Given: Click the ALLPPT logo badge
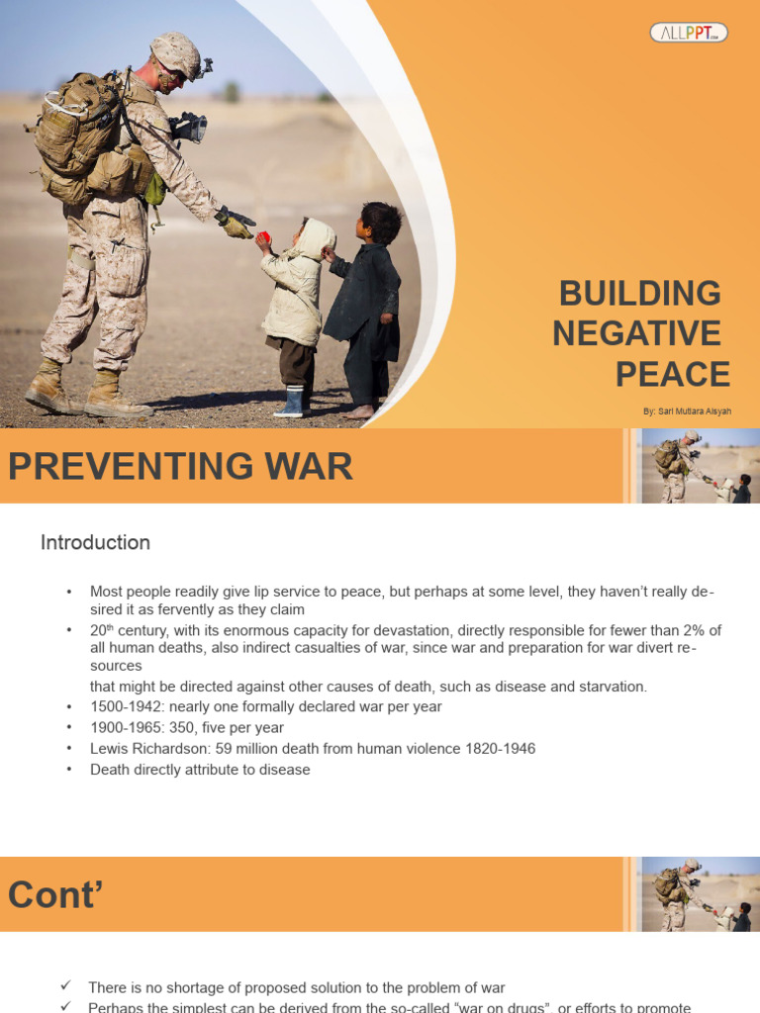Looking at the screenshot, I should point(689,33).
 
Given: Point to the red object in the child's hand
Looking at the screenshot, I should point(264,238).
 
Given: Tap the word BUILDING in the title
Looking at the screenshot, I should point(640,294).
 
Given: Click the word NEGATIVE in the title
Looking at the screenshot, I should point(636,334).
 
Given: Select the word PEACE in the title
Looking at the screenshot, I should point(672,375).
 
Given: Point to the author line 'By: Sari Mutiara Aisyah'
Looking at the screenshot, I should point(686,411).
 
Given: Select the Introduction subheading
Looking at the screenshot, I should point(95,542).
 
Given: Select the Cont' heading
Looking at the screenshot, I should point(55,894).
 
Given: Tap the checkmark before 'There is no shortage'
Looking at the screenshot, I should point(66,986).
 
